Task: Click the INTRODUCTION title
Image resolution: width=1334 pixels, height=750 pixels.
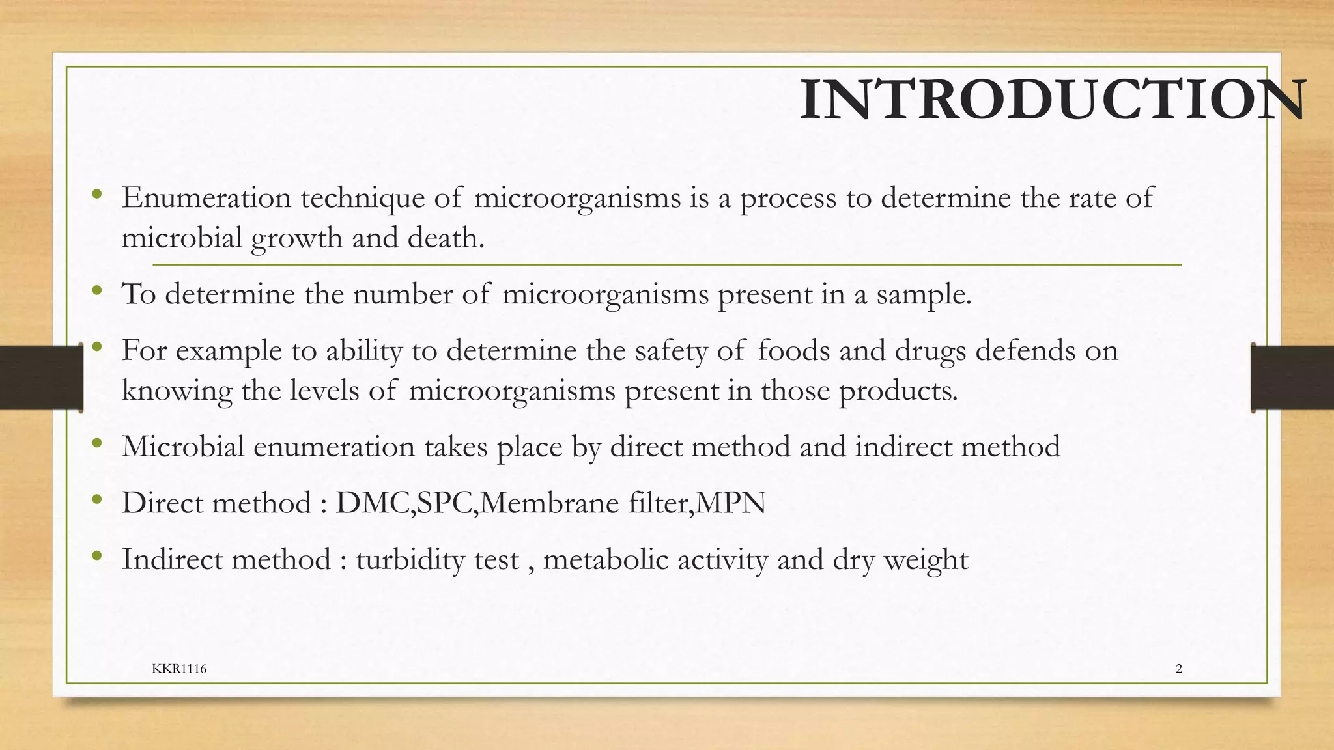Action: pos(1052,100)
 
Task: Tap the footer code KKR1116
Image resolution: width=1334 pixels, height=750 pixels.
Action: pos(179,669)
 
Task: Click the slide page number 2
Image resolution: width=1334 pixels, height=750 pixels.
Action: pos(1179,669)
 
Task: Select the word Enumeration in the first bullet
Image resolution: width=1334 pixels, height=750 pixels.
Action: pos(206,197)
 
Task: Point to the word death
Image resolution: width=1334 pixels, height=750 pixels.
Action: pos(446,238)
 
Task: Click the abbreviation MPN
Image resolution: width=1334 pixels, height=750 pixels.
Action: pos(731,503)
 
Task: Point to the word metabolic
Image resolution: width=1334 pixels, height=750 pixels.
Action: pos(605,559)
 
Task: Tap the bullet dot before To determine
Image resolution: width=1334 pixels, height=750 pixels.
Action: pos(97,291)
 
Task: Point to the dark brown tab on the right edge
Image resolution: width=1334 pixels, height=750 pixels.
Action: pos(1292,378)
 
